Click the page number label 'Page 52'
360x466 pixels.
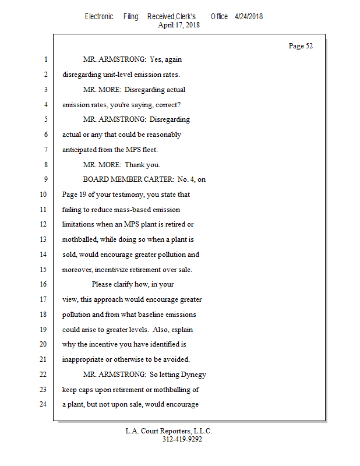301,46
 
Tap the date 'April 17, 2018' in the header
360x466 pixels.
179,25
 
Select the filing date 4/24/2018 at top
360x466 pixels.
249,16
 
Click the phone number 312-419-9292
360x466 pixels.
182,439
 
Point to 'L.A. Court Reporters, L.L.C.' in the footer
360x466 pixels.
169,431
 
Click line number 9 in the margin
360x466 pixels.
45,179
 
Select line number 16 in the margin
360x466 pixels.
43,284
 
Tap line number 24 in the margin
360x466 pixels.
43,404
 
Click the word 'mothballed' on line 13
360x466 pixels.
81,239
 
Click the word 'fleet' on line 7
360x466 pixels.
149,150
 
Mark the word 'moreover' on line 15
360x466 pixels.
78,270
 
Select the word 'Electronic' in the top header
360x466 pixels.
99,16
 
